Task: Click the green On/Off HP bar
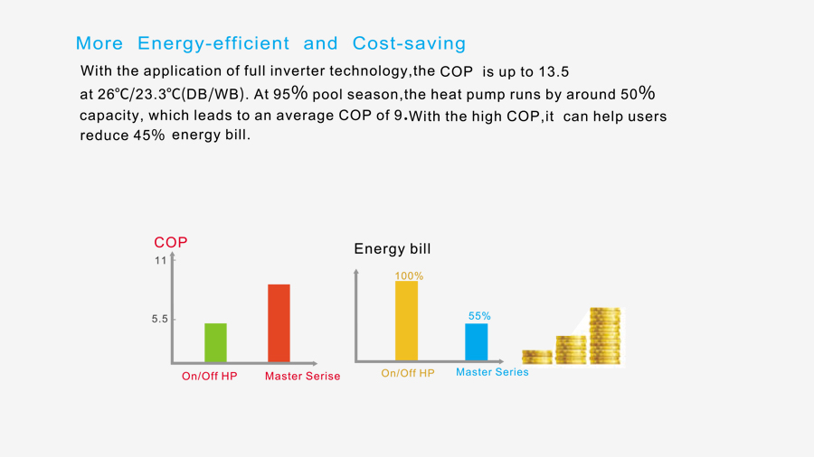pyautogui.click(x=215, y=342)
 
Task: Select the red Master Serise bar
pyautogui.click(x=279, y=322)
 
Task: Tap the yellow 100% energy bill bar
pyautogui.click(x=406, y=321)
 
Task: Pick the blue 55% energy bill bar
pyautogui.click(x=476, y=342)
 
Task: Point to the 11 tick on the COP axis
pyautogui.click(x=160, y=260)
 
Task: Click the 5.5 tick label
pyautogui.click(x=160, y=319)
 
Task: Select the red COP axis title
pyautogui.click(x=171, y=242)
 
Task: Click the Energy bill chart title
pyautogui.click(x=393, y=248)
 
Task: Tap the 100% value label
pyautogui.click(x=409, y=276)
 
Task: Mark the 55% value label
pyautogui.click(x=479, y=316)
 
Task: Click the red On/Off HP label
pyautogui.click(x=209, y=377)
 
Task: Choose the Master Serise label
pyautogui.click(x=303, y=377)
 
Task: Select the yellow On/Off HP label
pyautogui.click(x=408, y=373)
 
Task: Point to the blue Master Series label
pyautogui.click(x=492, y=372)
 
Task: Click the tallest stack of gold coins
pyautogui.click(x=605, y=336)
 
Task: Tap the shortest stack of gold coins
pyautogui.click(x=536, y=357)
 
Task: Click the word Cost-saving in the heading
pyautogui.click(x=409, y=43)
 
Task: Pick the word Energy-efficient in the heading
pyautogui.click(x=213, y=43)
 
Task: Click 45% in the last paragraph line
pyautogui.click(x=149, y=135)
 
